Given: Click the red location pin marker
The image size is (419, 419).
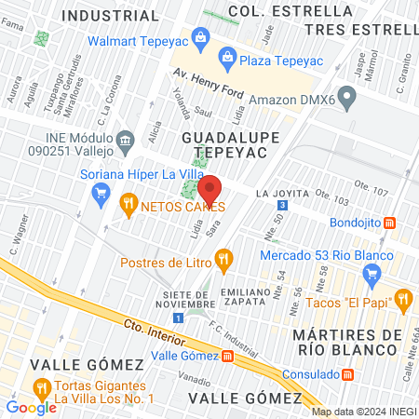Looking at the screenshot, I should [x=209, y=189].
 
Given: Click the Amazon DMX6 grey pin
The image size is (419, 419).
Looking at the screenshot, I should [x=347, y=96].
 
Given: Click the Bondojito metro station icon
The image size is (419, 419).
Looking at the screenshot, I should [x=391, y=223].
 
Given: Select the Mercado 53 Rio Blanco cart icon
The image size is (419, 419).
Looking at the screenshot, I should [x=373, y=274].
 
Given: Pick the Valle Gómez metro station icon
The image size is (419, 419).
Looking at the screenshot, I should [x=228, y=355].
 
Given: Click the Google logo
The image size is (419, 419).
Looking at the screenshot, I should [x=31, y=407].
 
